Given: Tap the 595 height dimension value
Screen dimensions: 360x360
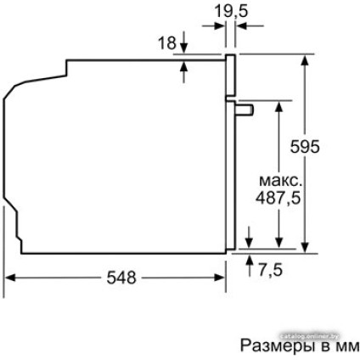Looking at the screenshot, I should (305, 146).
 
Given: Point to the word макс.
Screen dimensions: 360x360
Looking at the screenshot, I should (279, 181).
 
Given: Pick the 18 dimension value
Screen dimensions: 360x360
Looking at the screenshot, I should (168, 41).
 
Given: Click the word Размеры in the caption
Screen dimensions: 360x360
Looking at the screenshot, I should (271, 346).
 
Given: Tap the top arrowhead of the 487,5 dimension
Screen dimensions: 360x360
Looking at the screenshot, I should (279, 105).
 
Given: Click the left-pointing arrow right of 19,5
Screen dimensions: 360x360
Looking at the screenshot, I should (241, 26).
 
